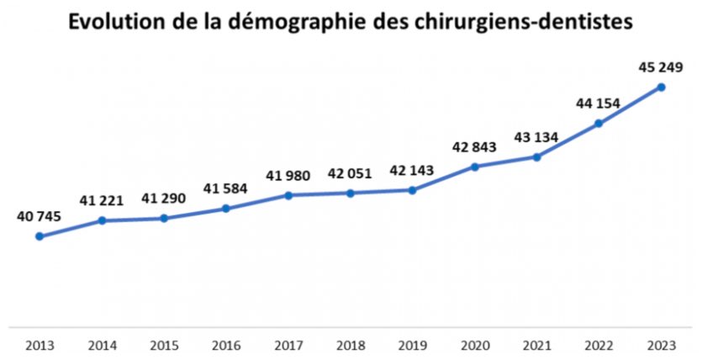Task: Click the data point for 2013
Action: (39, 236)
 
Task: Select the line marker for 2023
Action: (662, 87)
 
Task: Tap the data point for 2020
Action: (475, 167)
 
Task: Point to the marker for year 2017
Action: (288, 195)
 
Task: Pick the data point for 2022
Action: (599, 124)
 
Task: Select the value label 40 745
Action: (39, 217)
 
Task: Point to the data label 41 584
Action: (225, 188)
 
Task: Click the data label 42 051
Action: (351, 175)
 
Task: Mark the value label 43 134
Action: (536, 137)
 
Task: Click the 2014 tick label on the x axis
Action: (101, 345)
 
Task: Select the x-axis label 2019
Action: (413, 345)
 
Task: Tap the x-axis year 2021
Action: (537, 345)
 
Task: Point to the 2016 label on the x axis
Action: (225, 345)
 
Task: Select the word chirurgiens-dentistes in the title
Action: (525, 24)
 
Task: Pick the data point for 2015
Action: (164, 219)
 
